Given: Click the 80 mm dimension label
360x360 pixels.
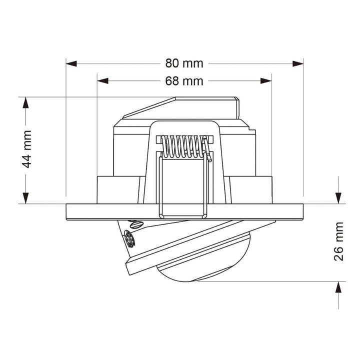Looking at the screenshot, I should pos(184,63).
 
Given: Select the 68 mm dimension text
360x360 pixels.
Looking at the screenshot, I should pos(184,80).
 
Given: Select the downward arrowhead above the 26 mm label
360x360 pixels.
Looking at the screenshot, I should pos(339,198).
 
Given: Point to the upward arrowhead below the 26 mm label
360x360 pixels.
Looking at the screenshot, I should pos(339,287).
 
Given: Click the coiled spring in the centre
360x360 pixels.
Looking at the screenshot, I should pos(182,146).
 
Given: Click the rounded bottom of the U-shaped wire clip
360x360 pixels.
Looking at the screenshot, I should pos(182,215).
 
